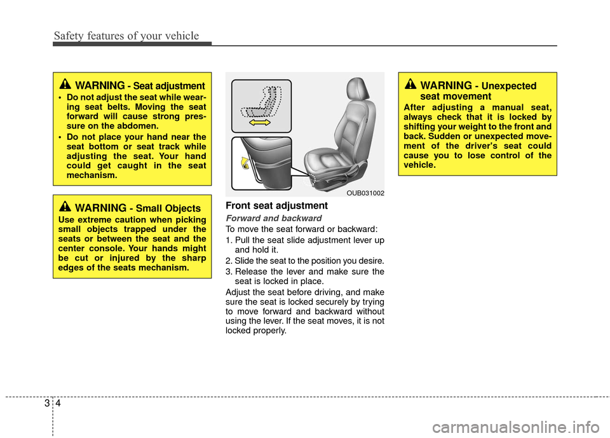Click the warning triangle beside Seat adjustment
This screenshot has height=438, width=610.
tap(65, 84)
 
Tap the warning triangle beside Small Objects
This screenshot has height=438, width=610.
tap(65, 207)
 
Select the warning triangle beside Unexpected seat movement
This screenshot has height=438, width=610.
tap(410, 84)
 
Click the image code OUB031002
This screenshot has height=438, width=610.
tap(365, 192)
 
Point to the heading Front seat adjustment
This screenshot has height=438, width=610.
tap(277, 206)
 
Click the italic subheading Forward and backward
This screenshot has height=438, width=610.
tap(264, 218)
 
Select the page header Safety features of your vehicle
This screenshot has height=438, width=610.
tap(126, 36)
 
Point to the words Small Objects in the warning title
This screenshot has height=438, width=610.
tap(168, 209)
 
